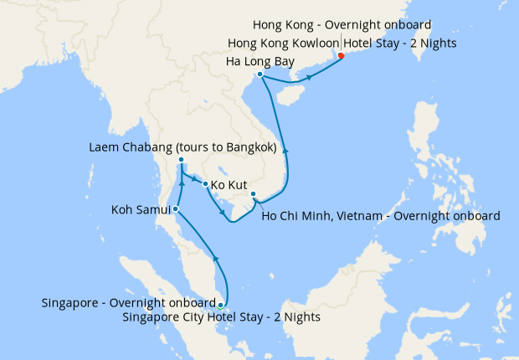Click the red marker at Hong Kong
tap(341, 56)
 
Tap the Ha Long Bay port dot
tap(260, 75)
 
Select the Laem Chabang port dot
tap(181, 161)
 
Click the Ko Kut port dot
tap(205, 183)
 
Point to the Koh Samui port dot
tap(175, 208)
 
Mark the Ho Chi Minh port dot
tap(254, 195)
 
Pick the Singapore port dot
tap(220, 305)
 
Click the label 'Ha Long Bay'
tap(260, 61)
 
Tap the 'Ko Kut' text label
tap(229, 183)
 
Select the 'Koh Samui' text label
tap(141, 208)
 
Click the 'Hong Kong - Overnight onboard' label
tap(342, 26)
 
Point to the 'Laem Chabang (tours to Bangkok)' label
tap(182, 147)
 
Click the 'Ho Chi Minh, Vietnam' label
tap(381, 215)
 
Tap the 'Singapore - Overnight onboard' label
tap(128, 302)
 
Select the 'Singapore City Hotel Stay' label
tap(221, 317)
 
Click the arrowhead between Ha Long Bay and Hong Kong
tap(311, 77)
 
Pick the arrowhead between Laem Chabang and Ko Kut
tap(195, 180)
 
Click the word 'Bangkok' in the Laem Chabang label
tap(249, 147)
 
